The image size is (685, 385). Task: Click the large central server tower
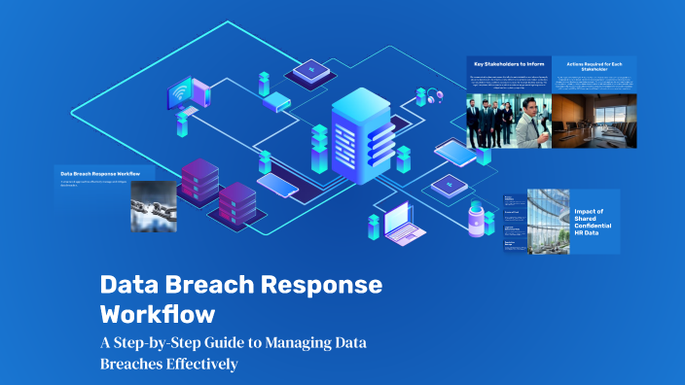[x=360, y=138]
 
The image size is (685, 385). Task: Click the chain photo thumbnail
[x=152, y=205]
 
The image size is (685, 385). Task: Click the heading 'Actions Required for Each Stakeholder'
[x=594, y=65]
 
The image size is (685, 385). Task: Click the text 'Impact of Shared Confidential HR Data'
[x=594, y=221]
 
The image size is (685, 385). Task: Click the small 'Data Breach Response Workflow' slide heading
[x=100, y=174]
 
